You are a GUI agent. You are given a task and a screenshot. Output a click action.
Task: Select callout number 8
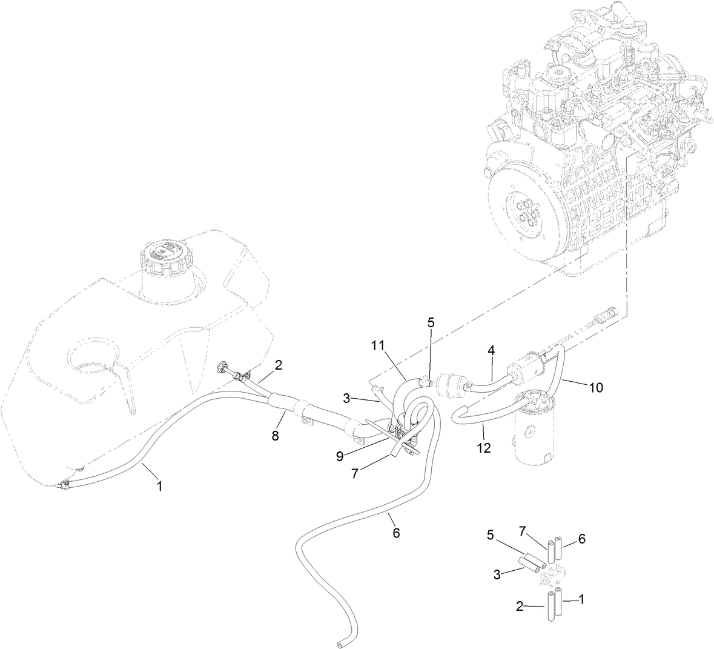(276, 436)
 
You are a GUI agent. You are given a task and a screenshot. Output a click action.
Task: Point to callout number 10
(597, 387)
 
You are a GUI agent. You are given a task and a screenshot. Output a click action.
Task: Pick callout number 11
(378, 345)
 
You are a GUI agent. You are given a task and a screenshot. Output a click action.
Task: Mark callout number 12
(483, 448)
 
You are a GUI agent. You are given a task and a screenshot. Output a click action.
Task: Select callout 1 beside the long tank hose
(160, 485)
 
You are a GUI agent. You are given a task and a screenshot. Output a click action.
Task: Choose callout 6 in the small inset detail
(582, 538)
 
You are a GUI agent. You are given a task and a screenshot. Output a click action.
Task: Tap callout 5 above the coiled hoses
(431, 322)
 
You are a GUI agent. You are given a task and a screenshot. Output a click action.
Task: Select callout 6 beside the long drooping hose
(396, 533)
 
